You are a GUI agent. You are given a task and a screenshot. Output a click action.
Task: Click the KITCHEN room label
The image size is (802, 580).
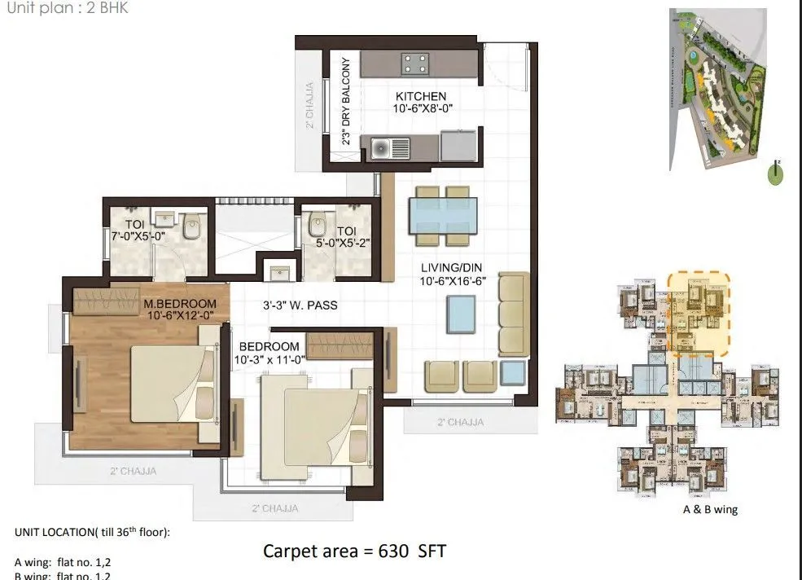tap(421, 96)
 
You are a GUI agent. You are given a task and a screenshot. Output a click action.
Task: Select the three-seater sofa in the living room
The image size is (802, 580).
tap(513, 314)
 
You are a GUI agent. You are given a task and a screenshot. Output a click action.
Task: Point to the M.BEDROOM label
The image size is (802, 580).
tap(181, 305)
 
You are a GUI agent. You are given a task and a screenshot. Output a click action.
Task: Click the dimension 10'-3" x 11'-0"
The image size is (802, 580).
tap(269, 358)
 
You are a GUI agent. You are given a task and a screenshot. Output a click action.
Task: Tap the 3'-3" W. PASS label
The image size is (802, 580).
tap(300, 305)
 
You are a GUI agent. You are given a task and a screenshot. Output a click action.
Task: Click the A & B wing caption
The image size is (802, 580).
tap(710, 510)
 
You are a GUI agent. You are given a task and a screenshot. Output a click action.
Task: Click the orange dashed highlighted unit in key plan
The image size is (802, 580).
tap(698, 314)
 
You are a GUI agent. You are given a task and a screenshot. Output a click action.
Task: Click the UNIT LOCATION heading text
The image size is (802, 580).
tap(91, 532)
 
